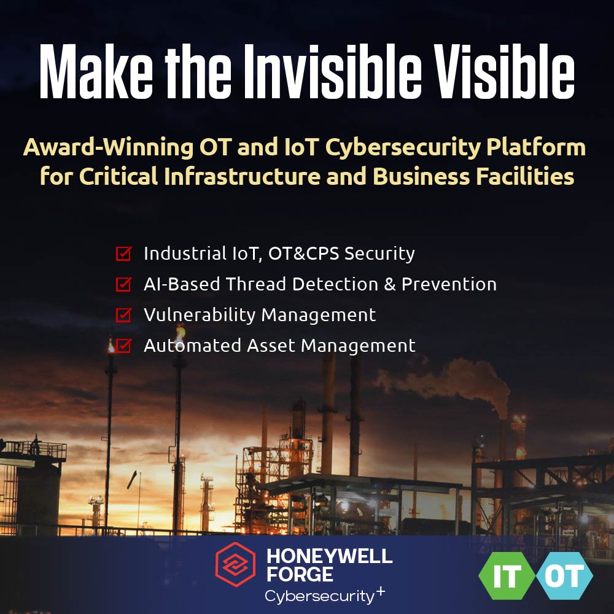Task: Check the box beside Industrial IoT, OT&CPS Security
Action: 123,253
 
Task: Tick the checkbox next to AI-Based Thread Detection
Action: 123,284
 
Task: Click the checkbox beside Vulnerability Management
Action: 123,315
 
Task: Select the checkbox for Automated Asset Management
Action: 123,346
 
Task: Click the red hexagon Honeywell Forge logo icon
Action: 235,565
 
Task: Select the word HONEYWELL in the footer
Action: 329,556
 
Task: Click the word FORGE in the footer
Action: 300,575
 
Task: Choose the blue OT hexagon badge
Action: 564,578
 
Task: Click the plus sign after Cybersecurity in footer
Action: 381,591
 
